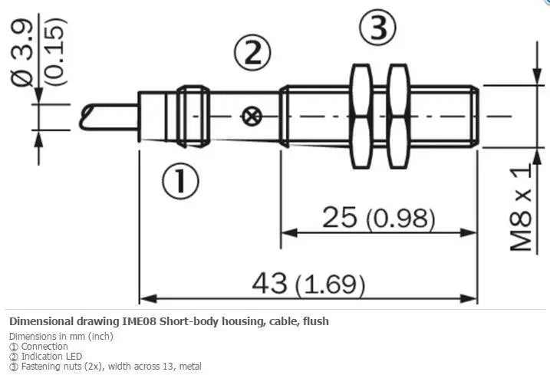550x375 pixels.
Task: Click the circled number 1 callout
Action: [x=180, y=181]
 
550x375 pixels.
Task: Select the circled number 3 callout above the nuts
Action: [x=377, y=27]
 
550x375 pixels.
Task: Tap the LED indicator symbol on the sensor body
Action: [x=251, y=117]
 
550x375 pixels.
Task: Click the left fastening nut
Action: [x=361, y=116]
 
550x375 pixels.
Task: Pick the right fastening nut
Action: [x=399, y=116]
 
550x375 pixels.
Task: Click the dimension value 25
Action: [x=339, y=217]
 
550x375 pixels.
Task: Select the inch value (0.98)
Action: [x=400, y=219]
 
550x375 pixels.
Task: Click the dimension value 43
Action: [x=269, y=283]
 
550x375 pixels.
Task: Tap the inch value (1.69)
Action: [x=330, y=285]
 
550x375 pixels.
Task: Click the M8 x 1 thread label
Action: [x=521, y=208]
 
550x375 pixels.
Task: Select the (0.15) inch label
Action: [x=56, y=51]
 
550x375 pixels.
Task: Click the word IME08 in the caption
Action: [x=140, y=321]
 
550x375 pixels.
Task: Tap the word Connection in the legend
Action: [x=44, y=346]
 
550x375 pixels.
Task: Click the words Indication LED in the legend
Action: [x=51, y=357]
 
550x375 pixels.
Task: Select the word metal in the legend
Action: [x=190, y=367]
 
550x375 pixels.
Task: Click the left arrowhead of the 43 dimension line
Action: [x=148, y=299]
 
